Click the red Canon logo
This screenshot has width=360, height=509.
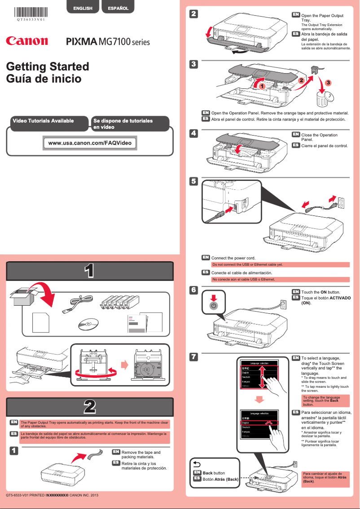point(27,41)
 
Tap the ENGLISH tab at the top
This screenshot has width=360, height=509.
point(83,8)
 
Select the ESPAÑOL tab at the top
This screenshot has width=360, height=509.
point(118,8)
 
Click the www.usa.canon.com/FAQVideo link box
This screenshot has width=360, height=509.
point(90,143)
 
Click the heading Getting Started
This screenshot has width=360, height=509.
point(48,66)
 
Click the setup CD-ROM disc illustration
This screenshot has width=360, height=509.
point(88,324)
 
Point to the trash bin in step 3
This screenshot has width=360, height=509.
point(323,98)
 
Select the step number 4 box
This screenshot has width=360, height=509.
point(193,133)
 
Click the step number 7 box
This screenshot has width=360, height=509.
point(193,357)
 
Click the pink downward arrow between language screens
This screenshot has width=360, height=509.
point(260,399)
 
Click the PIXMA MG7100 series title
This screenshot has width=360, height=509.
point(108,42)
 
